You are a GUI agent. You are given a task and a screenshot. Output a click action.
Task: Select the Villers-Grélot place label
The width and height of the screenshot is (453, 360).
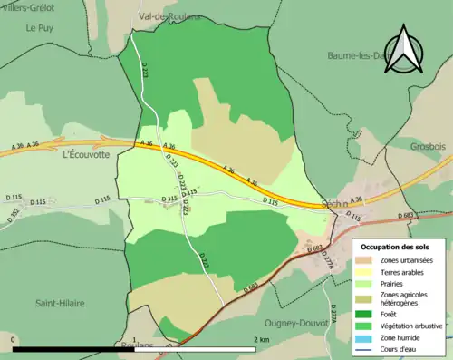point(28,5)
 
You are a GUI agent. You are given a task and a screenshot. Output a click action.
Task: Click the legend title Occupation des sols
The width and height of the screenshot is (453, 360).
point(395,247)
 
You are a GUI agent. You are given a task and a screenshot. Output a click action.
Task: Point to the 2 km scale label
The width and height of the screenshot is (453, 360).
point(260,340)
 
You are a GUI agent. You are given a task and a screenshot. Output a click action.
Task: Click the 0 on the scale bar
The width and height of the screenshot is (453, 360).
point(13,340)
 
